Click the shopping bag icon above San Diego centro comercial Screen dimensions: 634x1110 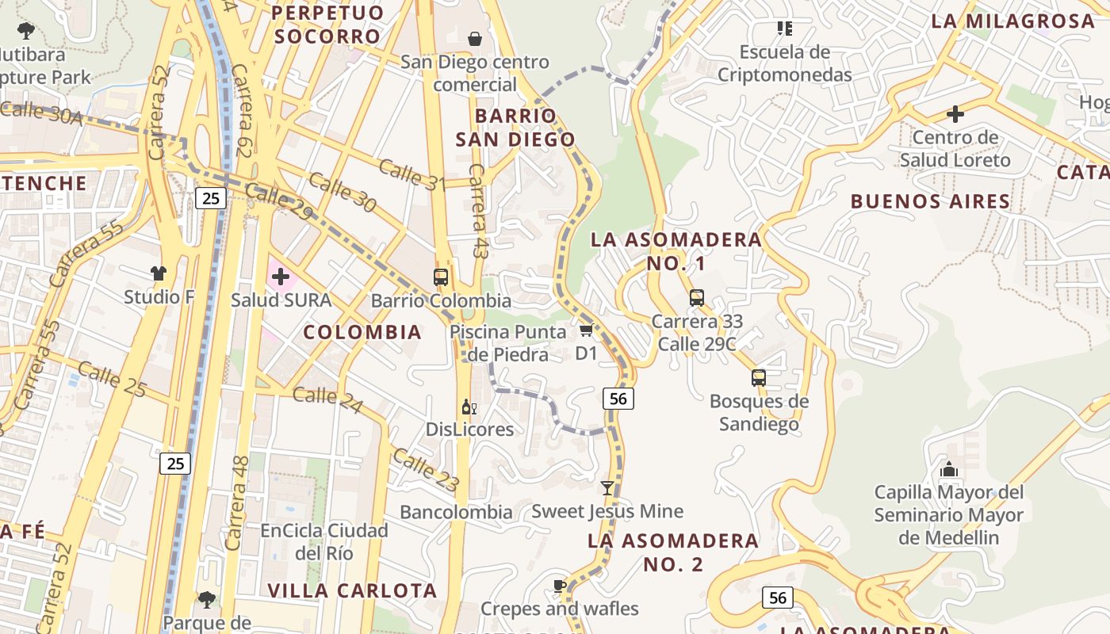(x=474, y=38)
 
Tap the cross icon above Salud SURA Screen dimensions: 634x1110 (x=281, y=277)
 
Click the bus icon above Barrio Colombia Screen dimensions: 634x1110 (x=441, y=277)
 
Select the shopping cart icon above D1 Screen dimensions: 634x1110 (x=586, y=330)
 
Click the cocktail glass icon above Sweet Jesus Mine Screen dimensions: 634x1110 (x=607, y=488)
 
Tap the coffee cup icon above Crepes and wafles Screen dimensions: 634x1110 (x=560, y=586)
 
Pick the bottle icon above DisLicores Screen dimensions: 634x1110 (x=469, y=407)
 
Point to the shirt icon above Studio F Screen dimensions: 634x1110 (x=159, y=273)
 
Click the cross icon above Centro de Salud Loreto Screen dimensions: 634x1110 (x=955, y=114)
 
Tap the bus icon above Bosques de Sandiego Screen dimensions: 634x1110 (x=759, y=378)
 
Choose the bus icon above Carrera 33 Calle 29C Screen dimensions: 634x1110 (x=697, y=298)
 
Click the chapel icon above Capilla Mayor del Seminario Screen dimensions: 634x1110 (x=949, y=469)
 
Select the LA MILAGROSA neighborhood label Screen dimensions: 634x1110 (x=1012, y=21)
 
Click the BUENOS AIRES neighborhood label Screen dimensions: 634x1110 (x=930, y=201)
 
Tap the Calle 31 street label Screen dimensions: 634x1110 (x=411, y=174)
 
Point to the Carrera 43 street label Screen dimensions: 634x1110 (x=478, y=211)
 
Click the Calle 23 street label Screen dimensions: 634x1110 (x=425, y=469)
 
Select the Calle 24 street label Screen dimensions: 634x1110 (x=327, y=399)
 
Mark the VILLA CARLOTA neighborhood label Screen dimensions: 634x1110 (x=352, y=590)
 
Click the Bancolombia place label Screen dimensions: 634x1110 (x=456, y=512)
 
